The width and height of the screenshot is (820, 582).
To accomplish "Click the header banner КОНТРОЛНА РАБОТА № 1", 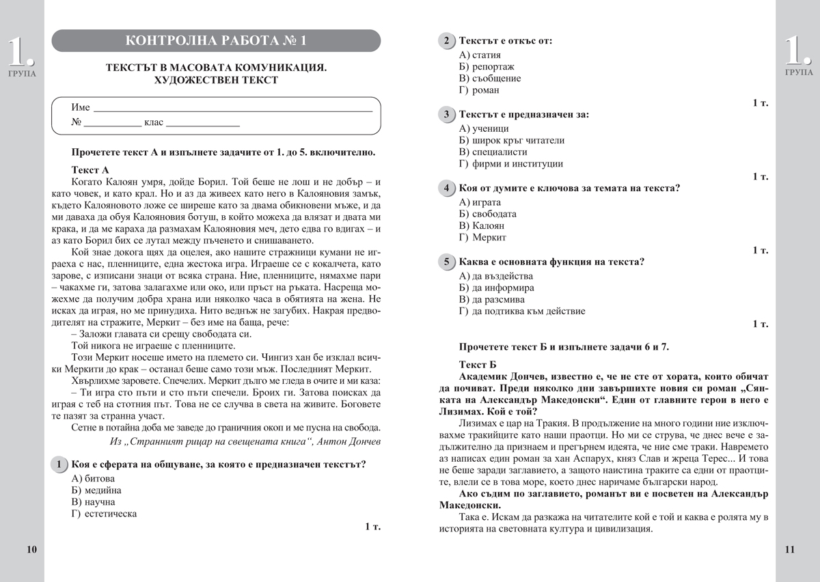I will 216,41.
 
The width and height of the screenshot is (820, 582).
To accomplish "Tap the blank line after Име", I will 232,109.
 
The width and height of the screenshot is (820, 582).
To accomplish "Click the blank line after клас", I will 203,126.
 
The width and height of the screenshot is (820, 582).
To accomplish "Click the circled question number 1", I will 61,465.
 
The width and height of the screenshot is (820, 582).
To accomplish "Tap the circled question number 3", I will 446,114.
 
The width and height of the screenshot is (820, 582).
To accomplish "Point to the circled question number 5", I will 446,262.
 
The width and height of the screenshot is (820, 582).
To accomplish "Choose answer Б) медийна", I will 96,490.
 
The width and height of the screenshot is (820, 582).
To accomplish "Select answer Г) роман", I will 480,90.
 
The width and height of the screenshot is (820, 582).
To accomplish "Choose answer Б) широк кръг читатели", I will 512,140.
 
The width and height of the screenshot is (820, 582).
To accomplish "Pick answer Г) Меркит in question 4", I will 483,238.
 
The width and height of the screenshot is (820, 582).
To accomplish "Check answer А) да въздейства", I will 496,276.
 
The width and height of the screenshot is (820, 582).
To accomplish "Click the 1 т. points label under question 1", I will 373,527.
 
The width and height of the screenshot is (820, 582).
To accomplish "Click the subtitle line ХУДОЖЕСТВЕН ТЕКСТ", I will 216,80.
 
